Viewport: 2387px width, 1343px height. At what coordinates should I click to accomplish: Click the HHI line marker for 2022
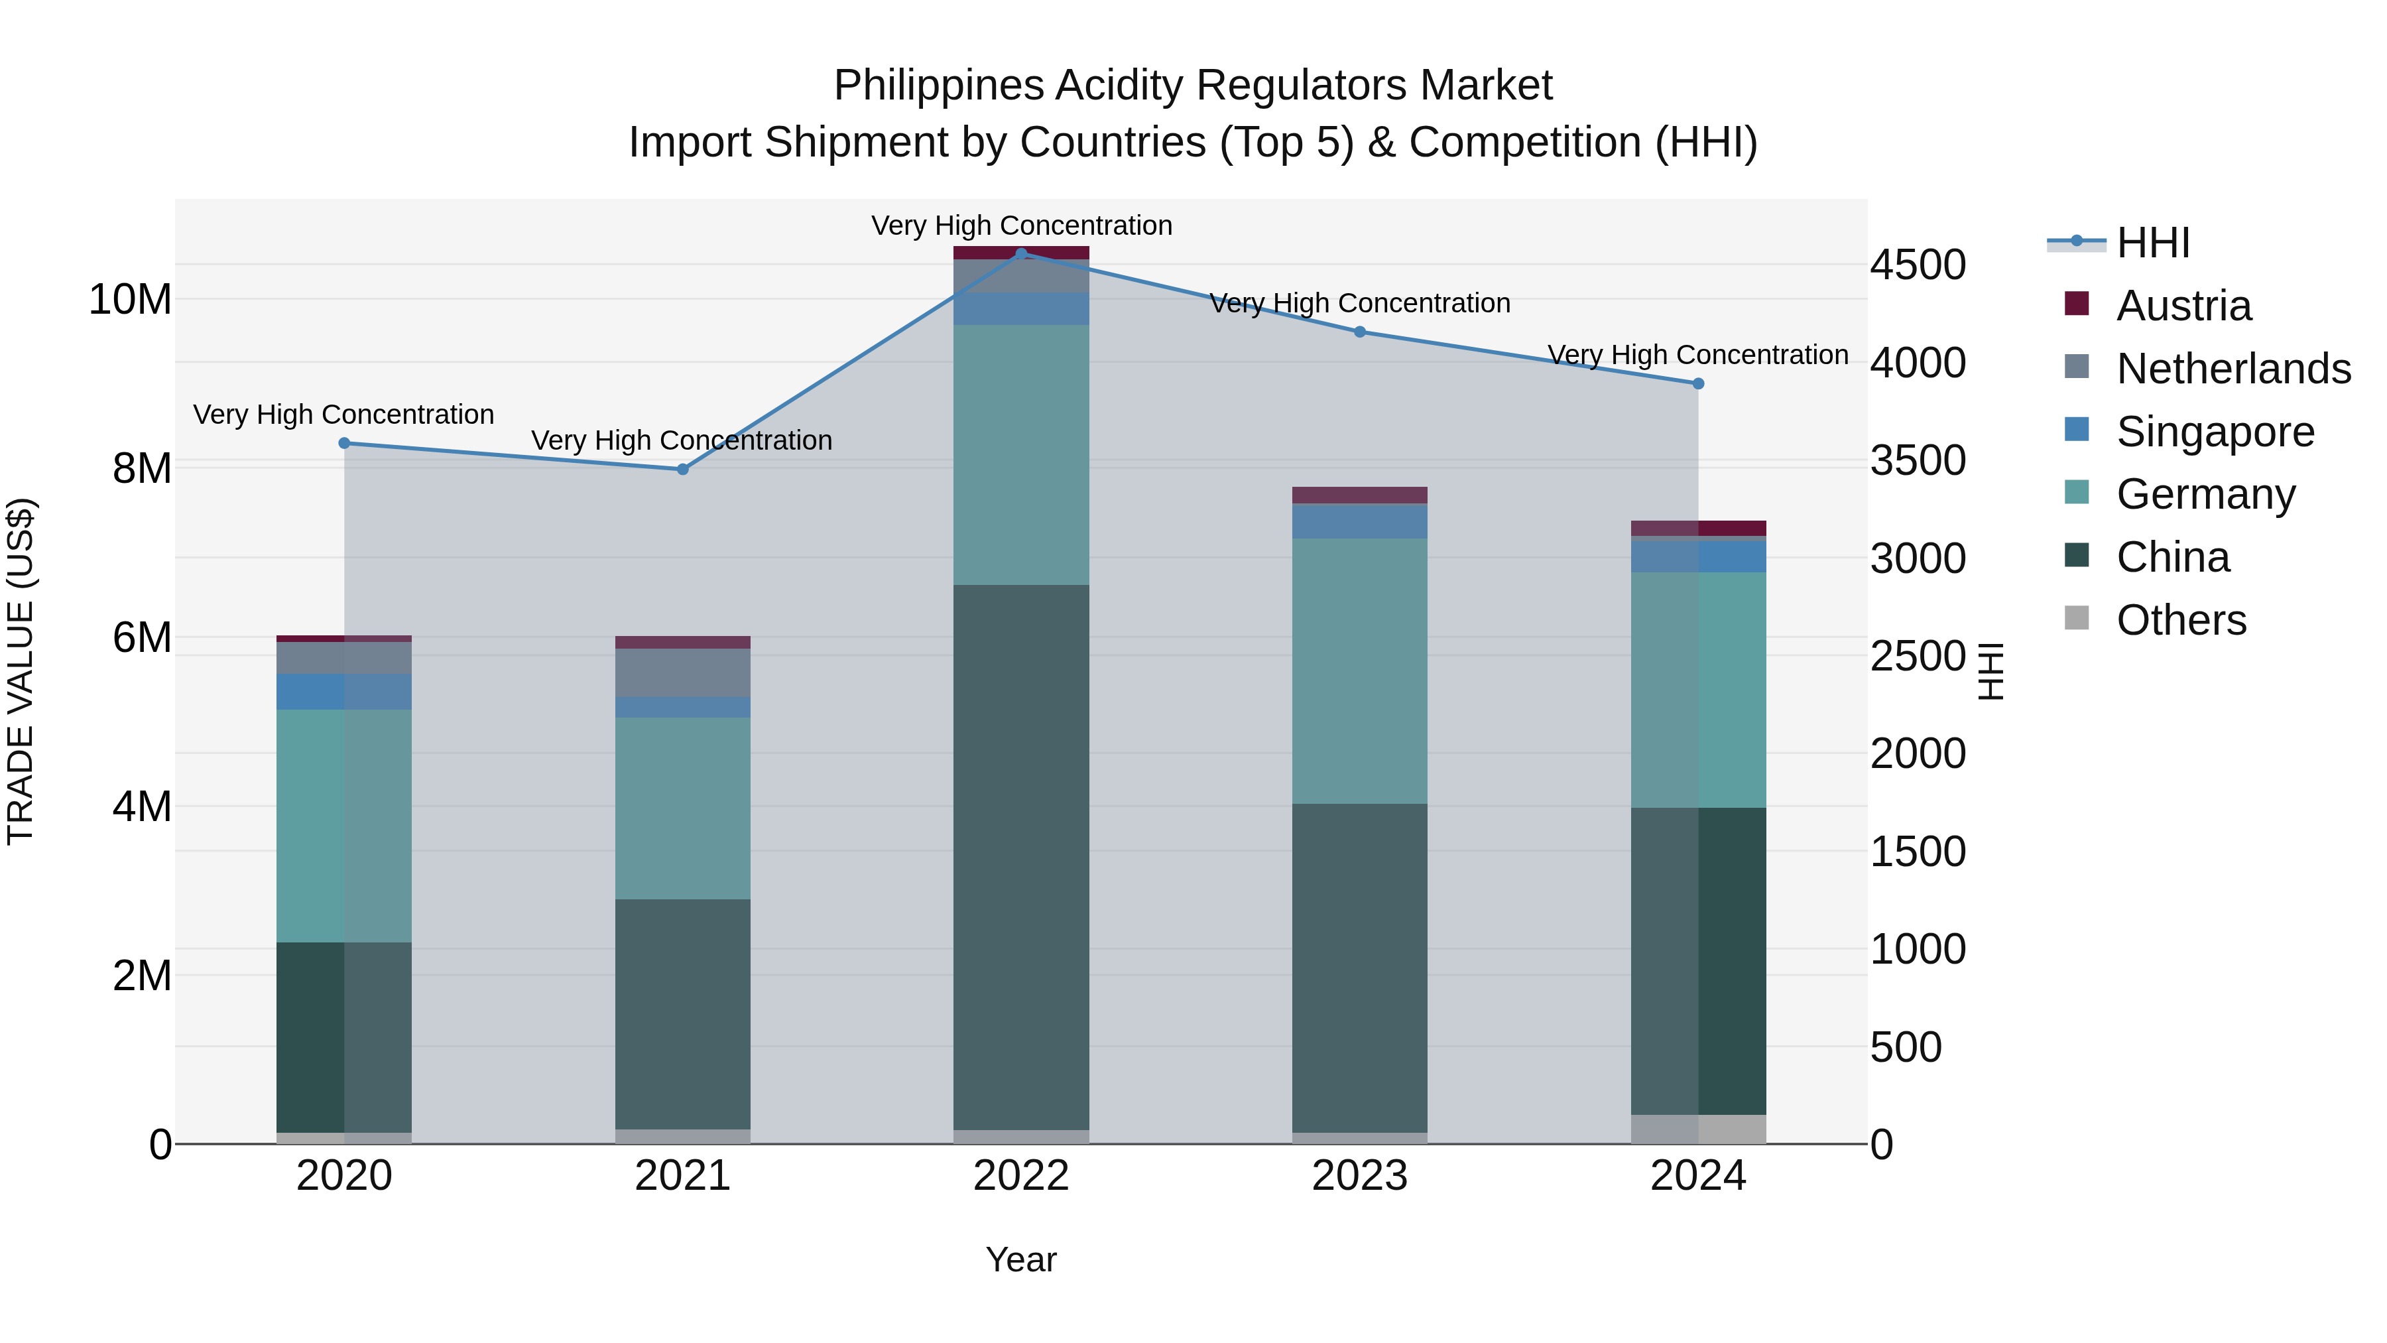pos(1021,254)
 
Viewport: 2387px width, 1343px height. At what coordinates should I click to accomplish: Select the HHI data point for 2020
pos(345,443)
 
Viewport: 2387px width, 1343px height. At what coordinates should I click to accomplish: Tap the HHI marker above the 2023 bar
pos(1359,332)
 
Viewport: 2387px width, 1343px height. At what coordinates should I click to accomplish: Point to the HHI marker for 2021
pos(683,469)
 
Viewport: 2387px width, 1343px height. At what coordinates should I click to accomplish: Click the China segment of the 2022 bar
pos(1021,858)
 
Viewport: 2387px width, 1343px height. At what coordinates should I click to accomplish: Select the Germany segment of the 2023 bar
pos(1359,671)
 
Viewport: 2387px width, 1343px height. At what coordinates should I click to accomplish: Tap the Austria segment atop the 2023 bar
pos(1359,495)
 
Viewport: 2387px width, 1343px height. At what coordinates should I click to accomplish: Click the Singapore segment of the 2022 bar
pos(1021,308)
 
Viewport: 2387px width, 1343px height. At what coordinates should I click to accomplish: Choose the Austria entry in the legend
pos(2183,306)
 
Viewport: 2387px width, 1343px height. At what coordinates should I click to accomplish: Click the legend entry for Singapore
pos(2215,432)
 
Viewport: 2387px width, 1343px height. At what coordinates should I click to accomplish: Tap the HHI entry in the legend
pos(2152,243)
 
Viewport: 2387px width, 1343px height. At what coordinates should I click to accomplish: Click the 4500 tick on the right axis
pos(1917,265)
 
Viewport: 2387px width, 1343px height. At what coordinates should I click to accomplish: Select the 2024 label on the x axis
pos(1697,1176)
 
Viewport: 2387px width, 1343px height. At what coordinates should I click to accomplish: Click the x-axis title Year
pos(1021,1259)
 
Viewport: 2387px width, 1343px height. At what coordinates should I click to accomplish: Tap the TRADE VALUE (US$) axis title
pos(21,671)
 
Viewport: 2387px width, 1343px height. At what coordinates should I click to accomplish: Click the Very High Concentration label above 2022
pos(1021,225)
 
